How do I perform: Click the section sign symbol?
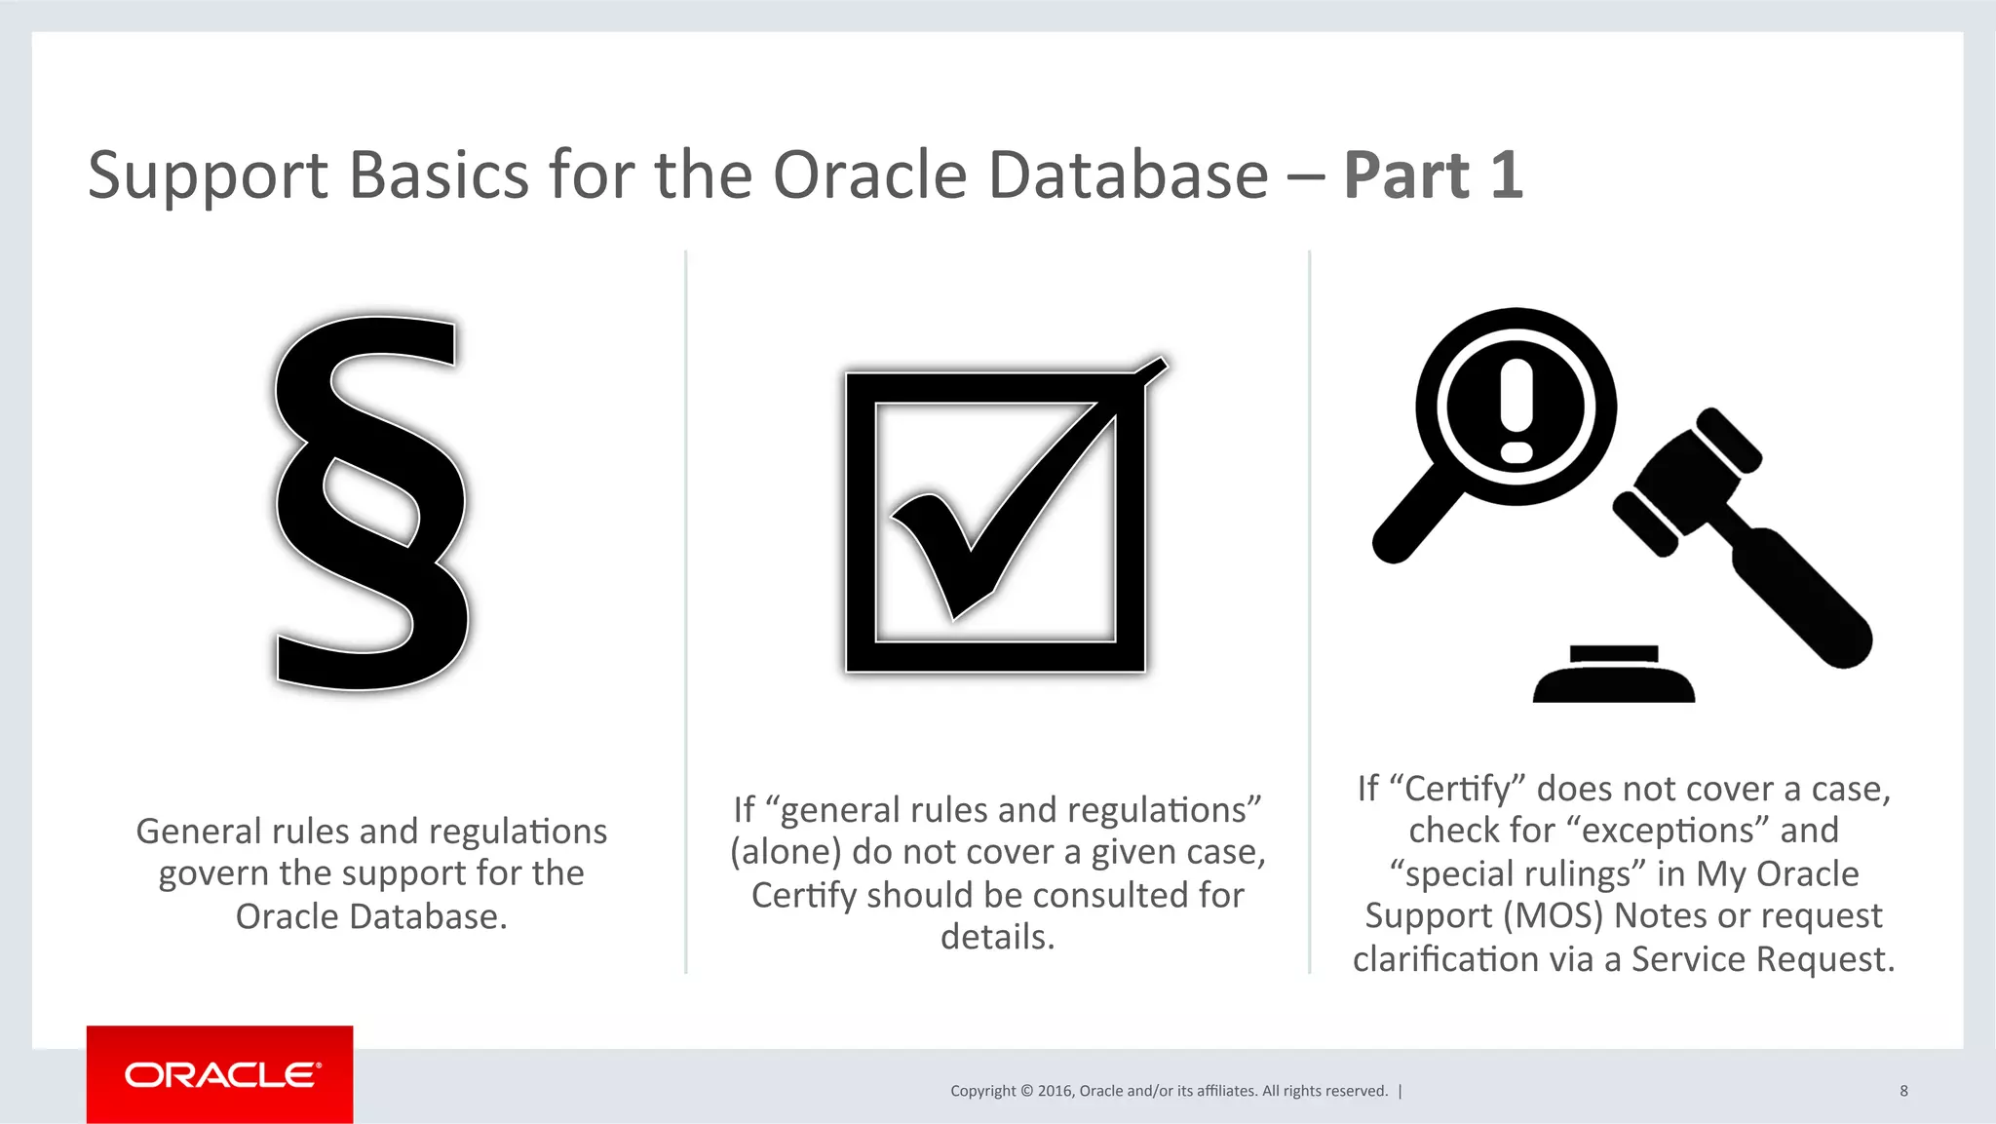370,502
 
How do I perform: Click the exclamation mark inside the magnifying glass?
1516,409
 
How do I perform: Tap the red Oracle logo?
220,1074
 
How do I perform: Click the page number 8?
1903,1091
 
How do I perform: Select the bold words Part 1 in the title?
1433,175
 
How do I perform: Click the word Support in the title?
208,175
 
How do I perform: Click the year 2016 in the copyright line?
1055,1091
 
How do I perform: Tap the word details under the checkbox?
997,937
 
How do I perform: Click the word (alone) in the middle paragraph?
786,852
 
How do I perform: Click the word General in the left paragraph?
199,832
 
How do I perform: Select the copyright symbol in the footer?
1026,1091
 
